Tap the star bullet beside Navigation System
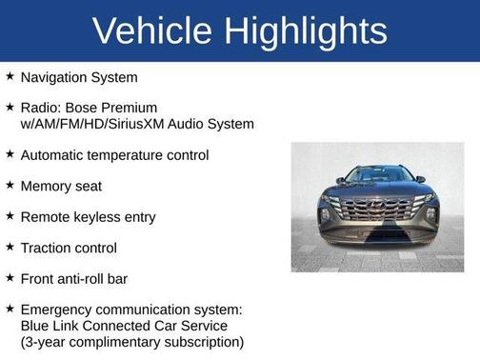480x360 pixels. [10, 76]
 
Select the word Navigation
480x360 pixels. [53, 77]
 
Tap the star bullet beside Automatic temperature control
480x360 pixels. [10, 154]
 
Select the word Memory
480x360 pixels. [47, 186]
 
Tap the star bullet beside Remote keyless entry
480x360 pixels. [10, 216]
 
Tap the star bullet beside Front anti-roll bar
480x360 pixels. [10, 278]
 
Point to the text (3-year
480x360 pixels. [46, 342]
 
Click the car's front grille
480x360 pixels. [377, 209]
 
